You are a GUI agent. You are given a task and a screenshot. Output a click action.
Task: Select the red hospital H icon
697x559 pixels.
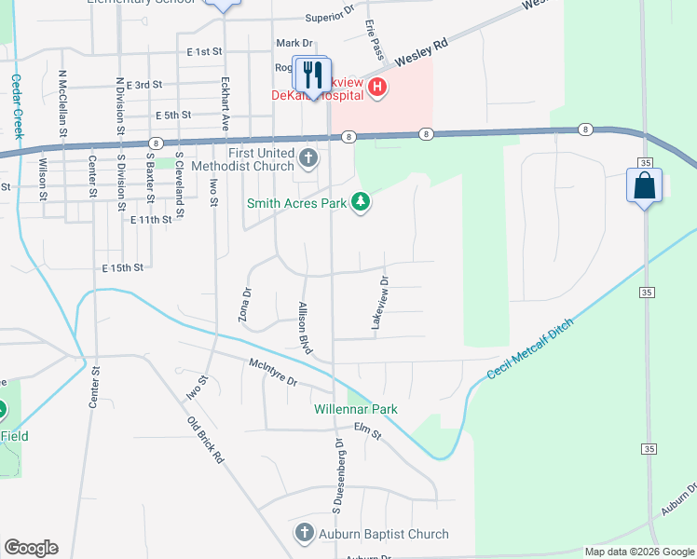click(377, 89)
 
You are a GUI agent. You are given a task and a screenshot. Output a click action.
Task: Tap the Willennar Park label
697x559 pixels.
click(355, 409)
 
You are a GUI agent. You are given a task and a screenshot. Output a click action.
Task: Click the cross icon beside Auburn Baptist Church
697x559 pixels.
click(304, 533)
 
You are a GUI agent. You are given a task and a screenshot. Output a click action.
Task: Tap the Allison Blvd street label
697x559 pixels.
click(304, 326)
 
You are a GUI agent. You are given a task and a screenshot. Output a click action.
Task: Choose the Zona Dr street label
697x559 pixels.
click(247, 304)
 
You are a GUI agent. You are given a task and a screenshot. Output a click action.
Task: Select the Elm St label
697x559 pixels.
click(368, 430)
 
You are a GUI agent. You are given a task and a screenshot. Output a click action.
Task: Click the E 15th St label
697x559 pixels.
click(123, 267)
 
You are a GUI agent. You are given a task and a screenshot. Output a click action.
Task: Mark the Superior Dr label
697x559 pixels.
click(331, 18)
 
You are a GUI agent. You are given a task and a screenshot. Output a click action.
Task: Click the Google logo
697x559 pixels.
click(31, 548)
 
